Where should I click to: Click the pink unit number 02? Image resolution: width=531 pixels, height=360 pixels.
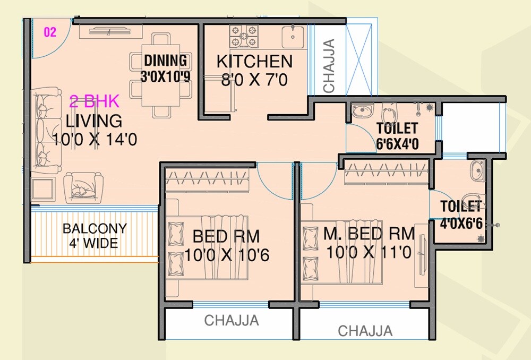[x=49, y=32]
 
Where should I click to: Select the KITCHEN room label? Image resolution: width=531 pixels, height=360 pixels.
[x=254, y=62]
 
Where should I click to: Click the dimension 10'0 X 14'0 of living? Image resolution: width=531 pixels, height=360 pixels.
[x=95, y=140]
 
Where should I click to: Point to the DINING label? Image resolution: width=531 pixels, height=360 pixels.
[x=165, y=61]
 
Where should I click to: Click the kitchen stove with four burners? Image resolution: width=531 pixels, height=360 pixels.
[x=244, y=37]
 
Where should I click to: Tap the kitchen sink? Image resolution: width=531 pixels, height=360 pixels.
[x=292, y=37]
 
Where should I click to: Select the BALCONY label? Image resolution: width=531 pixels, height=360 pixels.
[x=95, y=229]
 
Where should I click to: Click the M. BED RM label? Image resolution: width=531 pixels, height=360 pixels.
[x=369, y=233]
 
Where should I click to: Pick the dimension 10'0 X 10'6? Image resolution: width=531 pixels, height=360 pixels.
[x=227, y=255]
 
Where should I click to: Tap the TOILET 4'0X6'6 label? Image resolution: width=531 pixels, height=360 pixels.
[x=461, y=215]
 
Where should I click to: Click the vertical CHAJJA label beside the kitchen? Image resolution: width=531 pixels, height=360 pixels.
[x=329, y=66]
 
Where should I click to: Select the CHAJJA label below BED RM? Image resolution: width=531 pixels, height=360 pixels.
[x=232, y=321]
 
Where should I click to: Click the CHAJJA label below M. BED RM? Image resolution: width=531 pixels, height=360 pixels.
[x=365, y=331]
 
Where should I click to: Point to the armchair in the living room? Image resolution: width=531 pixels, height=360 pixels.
[x=83, y=186]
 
